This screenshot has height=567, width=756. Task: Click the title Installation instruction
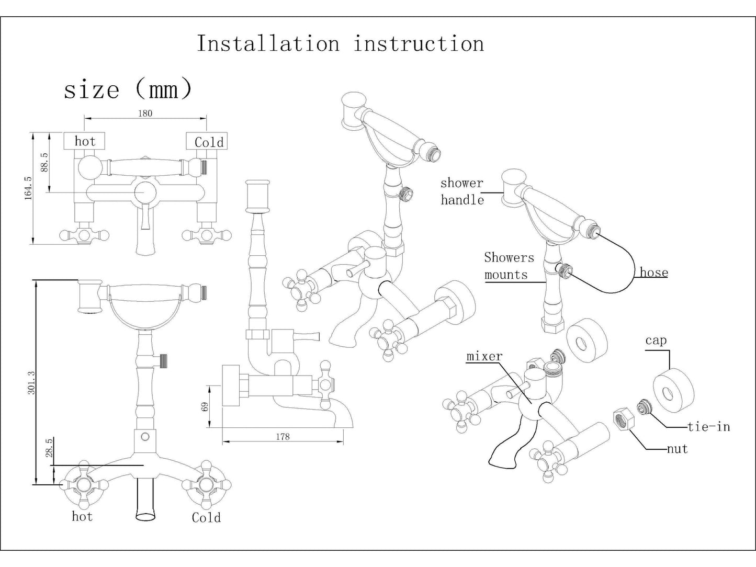click(x=340, y=43)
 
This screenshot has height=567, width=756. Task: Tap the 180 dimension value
click(x=145, y=113)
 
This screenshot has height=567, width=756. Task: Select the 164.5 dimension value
click(x=28, y=187)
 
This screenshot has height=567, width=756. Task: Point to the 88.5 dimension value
click(x=44, y=162)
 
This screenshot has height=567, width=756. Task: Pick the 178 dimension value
click(x=283, y=436)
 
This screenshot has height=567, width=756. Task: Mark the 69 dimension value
click(x=205, y=406)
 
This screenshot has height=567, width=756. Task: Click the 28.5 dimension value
click(x=49, y=448)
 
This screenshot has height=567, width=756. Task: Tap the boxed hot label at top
click(x=84, y=141)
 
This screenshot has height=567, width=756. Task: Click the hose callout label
click(x=653, y=273)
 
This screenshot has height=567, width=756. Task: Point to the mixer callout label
click(x=484, y=357)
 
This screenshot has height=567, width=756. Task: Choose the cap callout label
click(x=656, y=341)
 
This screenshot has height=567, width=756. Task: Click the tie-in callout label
click(x=708, y=427)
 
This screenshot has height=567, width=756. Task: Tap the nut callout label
click(x=677, y=449)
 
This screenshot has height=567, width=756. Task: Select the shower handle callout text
click(x=462, y=191)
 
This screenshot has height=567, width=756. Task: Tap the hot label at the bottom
click(x=82, y=517)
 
